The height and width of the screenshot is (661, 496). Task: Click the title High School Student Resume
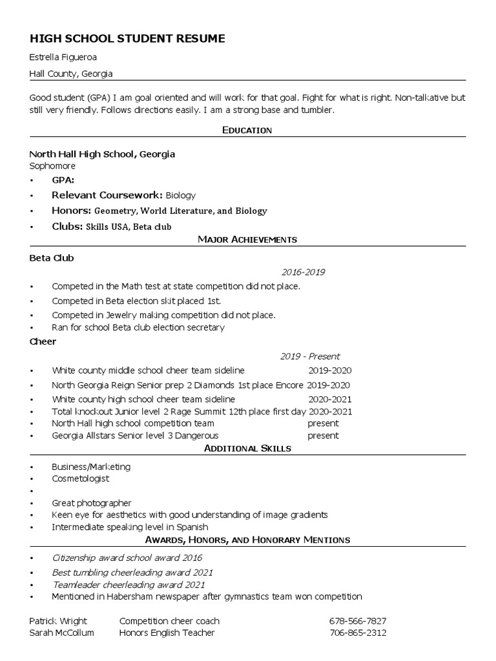coord(127,39)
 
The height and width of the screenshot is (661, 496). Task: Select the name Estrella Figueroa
coord(63,57)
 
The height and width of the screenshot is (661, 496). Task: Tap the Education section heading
coord(247,130)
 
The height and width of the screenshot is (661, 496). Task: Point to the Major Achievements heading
coord(247,239)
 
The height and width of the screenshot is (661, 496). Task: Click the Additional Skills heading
coord(247,448)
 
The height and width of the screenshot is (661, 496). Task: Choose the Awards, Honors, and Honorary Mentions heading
coord(247,539)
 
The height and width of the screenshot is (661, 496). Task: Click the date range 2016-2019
coord(303,272)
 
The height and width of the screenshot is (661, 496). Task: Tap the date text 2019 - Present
coord(310,356)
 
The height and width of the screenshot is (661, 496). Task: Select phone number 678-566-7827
coord(358,621)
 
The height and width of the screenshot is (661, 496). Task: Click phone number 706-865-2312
coord(358,633)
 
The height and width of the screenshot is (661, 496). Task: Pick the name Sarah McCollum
coord(61,633)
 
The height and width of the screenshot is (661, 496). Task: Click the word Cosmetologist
coord(81,479)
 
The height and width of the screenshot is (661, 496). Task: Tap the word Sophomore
coord(52,166)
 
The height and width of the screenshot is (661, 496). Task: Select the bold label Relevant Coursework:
coord(107,195)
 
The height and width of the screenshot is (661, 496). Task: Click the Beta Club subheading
coord(52,258)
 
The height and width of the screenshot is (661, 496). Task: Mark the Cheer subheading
coord(43,341)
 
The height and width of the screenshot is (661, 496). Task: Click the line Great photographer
coord(92,503)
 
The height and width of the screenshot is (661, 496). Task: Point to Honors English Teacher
coord(167,633)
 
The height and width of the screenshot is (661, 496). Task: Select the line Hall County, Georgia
coord(71,74)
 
